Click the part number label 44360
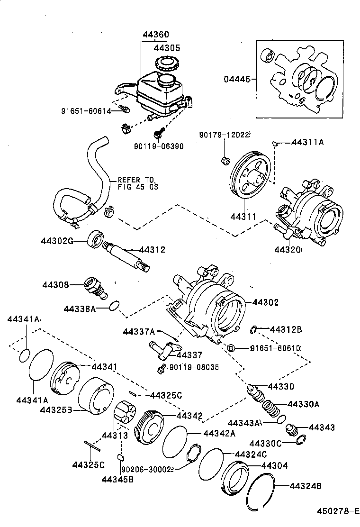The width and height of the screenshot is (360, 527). pyautogui.click(x=156, y=35)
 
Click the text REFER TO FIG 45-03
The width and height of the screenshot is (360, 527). pyautogui.click(x=136, y=183)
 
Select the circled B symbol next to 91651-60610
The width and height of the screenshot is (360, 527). pyautogui.click(x=232, y=348)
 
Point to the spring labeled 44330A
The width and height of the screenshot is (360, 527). pyautogui.click(x=270, y=409)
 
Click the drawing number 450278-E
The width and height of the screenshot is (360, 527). pyautogui.click(x=337, y=511)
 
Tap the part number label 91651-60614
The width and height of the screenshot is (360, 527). pyautogui.click(x=86, y=111)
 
